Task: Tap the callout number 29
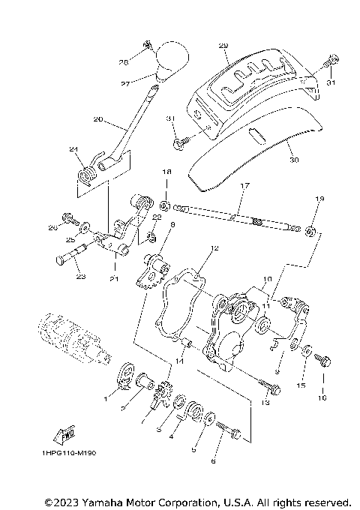coord(223,46)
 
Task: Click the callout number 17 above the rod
coord(243,185)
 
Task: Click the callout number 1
coord(106,400)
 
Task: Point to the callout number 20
coord(97,119)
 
